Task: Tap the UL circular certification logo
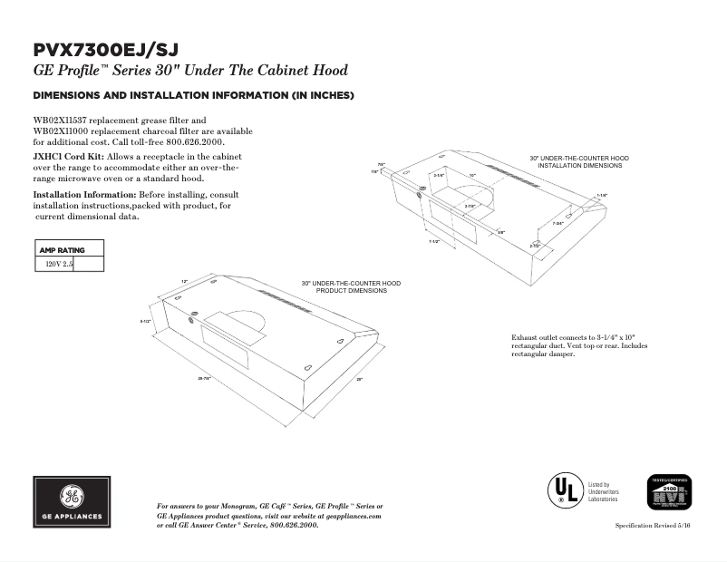pos(562,490)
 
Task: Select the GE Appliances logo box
pos(73,501)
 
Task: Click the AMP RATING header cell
pos(63,249)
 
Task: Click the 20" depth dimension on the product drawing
pos(359,379)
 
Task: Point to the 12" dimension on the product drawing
pos(184,282)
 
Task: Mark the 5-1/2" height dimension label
pos(145,322)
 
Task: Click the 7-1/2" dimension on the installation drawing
pos(434,242)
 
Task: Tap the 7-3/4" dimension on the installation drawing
pos(558,224)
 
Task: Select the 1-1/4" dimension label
pos(602,195)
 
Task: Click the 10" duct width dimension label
pos(472,174)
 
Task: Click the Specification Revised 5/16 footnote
pos(653,526)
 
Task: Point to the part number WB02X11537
pos(63,121)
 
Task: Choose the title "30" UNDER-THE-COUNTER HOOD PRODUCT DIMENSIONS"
pos(351,286)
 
